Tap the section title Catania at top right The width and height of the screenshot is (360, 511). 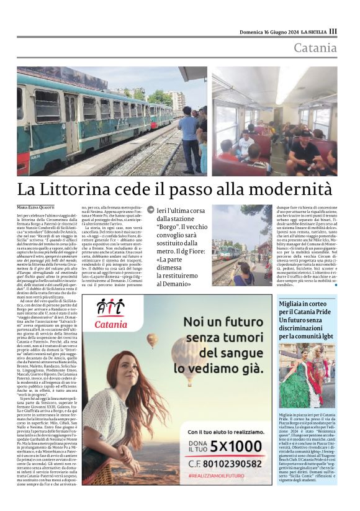tap(315, 48)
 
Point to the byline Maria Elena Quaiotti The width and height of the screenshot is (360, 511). tap(37, 206)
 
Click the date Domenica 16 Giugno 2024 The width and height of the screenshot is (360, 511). tap(269, 32)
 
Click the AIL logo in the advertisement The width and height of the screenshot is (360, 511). tap(111, 311)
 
